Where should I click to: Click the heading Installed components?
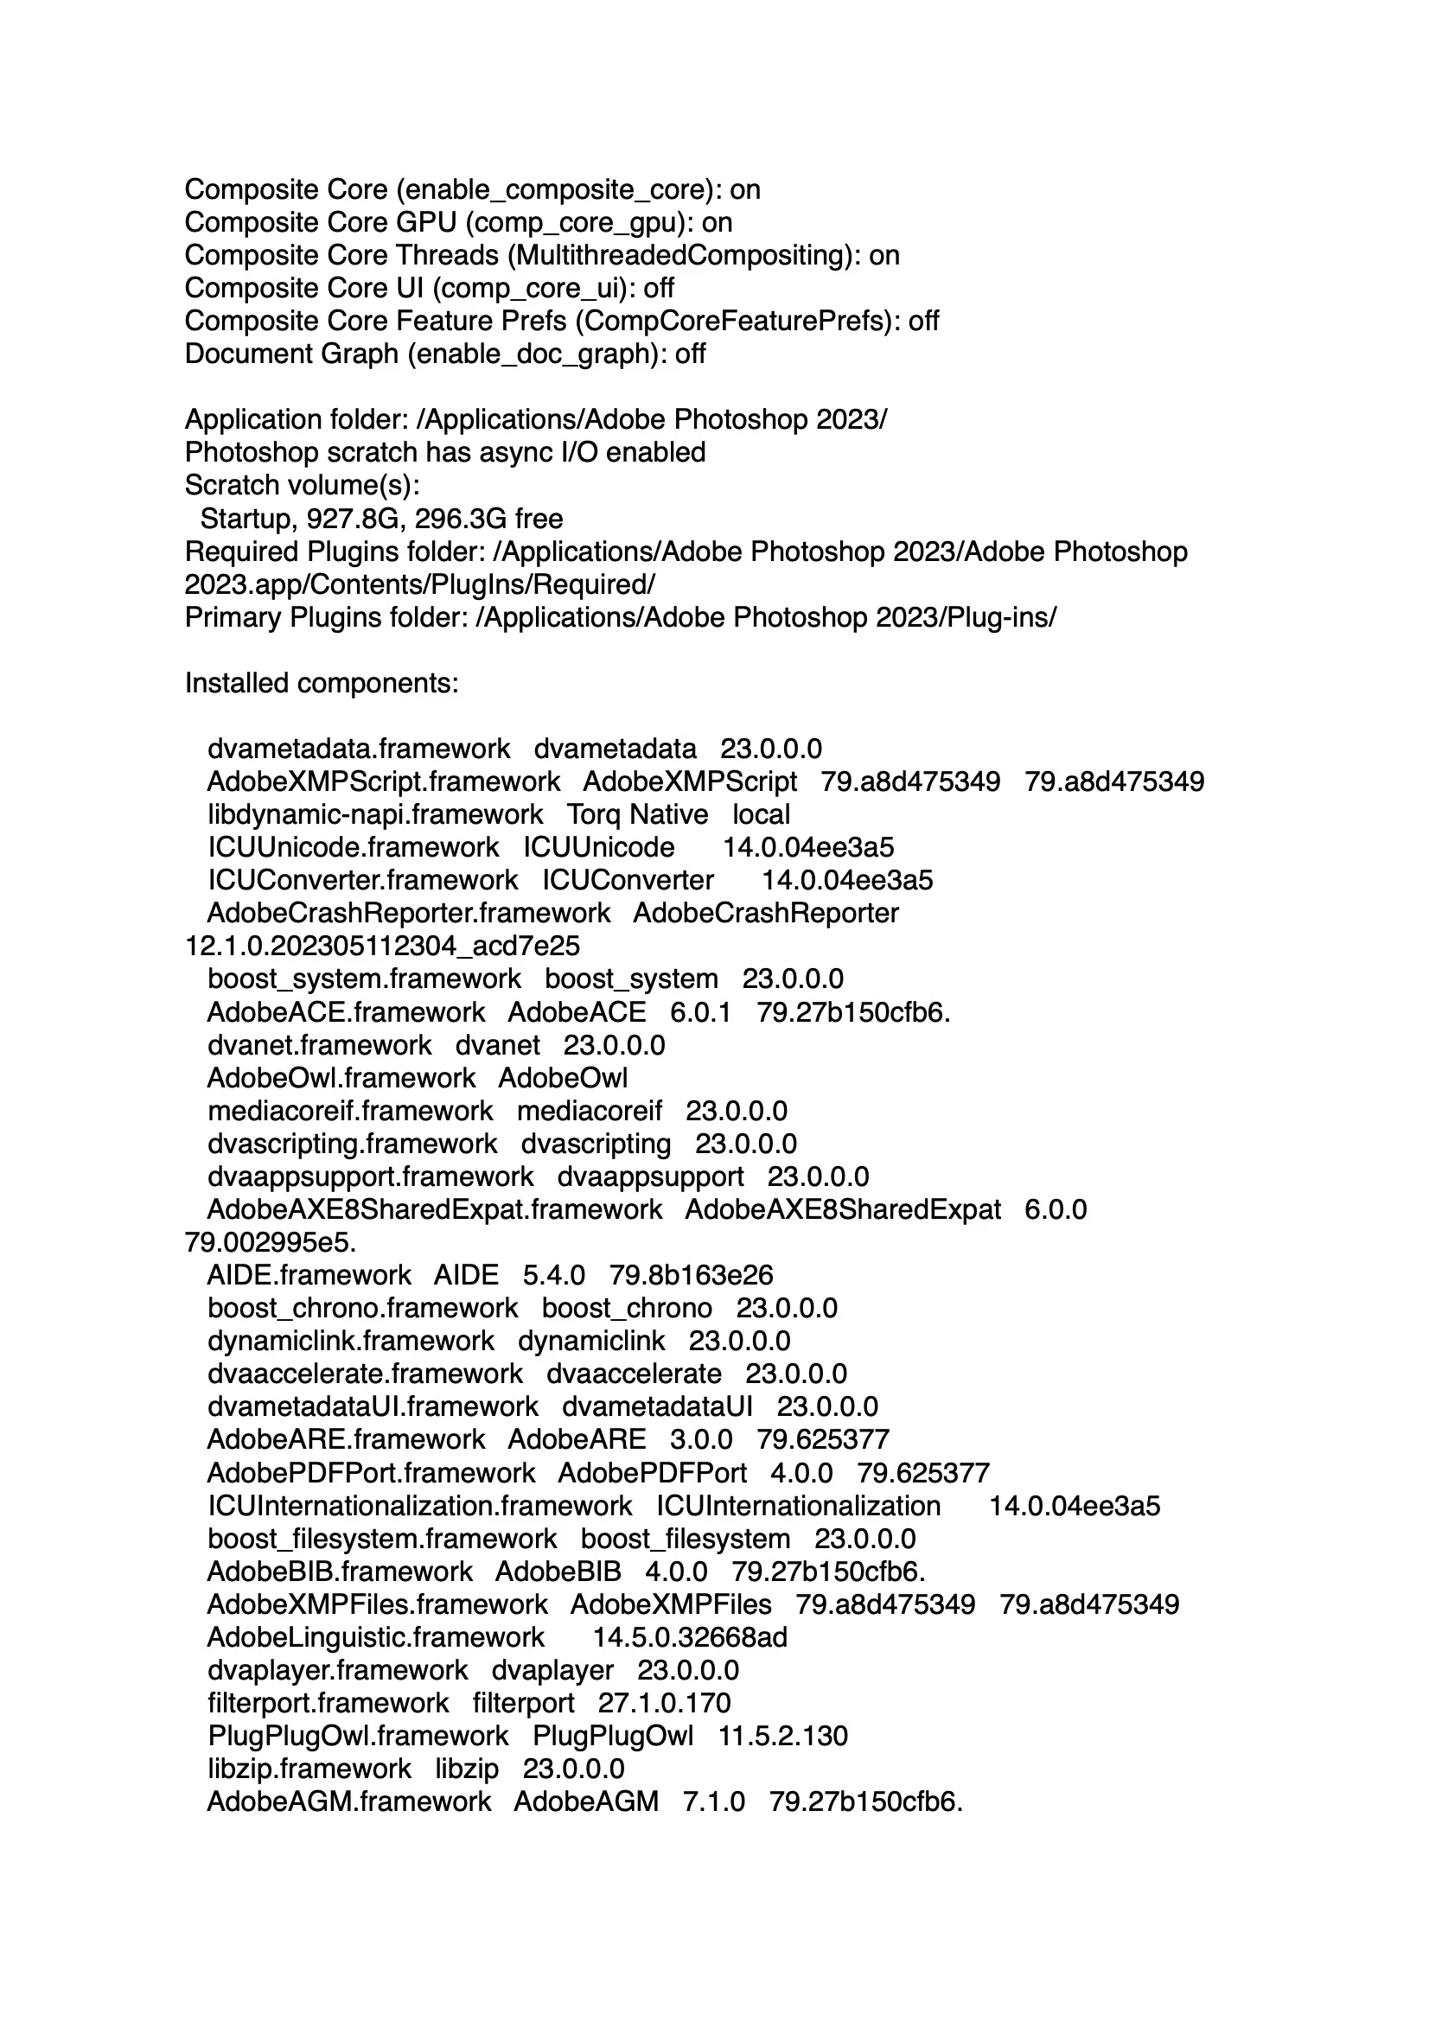322,683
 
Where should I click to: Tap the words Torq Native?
636,815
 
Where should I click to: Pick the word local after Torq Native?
761,815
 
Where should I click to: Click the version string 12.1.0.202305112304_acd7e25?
382,947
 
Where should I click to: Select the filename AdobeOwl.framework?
341,1078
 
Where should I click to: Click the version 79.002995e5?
271,1243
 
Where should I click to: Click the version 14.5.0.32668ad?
689,1637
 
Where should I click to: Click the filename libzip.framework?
309,1769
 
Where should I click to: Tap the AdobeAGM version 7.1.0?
713,1801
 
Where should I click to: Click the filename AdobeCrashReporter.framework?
409,914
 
